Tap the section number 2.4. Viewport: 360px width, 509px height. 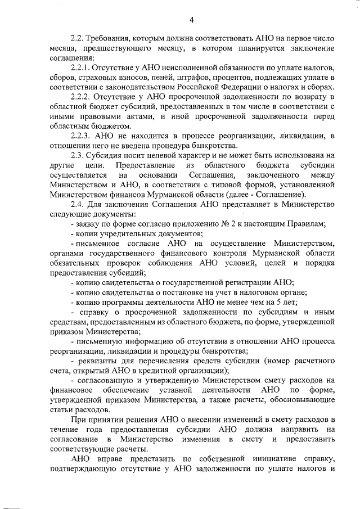pos(79,204)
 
